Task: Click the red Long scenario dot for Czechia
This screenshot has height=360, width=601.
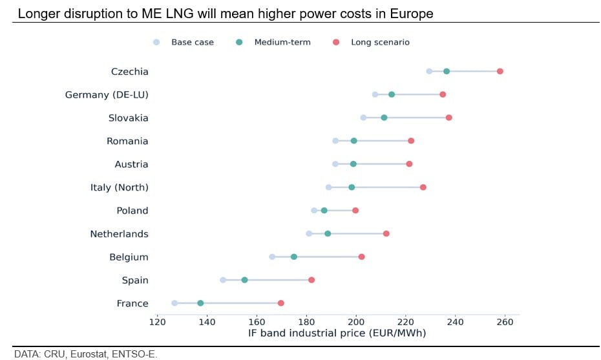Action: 500,71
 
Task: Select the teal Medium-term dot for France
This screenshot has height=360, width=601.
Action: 200,303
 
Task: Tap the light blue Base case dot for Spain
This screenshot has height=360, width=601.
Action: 223,280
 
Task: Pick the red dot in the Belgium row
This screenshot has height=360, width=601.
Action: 361,257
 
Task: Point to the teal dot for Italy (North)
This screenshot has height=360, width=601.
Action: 352,187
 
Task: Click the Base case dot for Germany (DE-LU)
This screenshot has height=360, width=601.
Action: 375,94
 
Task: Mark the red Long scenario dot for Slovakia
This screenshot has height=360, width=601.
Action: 448,118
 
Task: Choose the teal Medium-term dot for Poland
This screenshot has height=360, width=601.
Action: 324,211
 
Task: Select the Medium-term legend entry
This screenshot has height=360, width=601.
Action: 282,43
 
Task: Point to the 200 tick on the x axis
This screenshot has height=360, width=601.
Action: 356,322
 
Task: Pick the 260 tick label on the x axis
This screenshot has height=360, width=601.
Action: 505,322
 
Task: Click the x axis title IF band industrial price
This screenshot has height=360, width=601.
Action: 337,334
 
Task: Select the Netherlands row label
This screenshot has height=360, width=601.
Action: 119,234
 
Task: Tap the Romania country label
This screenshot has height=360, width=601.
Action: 127,141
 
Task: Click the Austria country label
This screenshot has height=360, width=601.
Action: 131,164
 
